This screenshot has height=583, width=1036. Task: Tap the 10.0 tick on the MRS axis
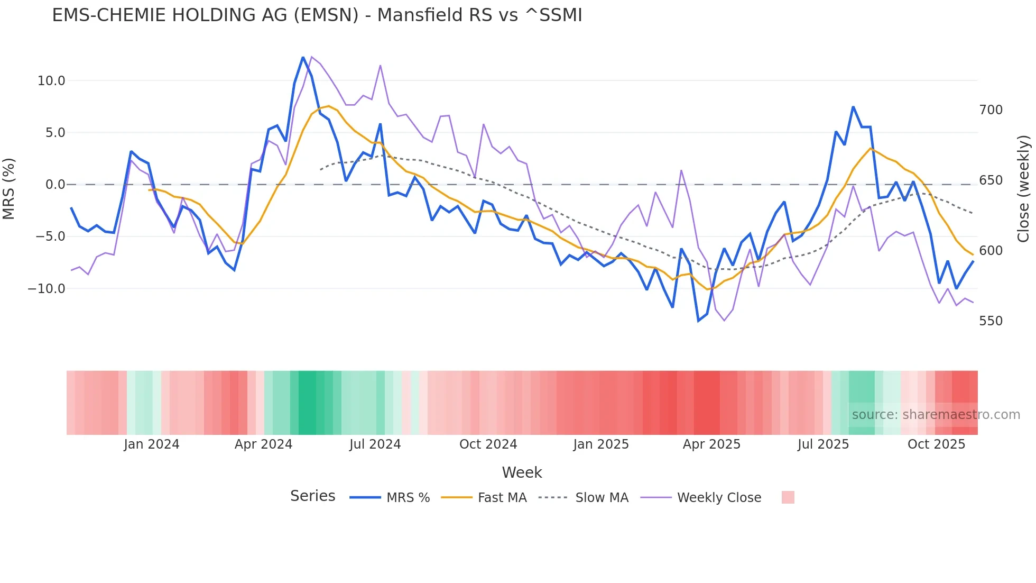pyautogui.click(x=51, y=81)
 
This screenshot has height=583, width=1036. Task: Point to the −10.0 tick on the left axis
pyautogui.click(x=47, y=289)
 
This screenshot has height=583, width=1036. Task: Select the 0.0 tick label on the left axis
pyautogui.click(x=55, y=185)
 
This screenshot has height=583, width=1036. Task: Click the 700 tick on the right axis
pyautogui.click(x=991, y=110)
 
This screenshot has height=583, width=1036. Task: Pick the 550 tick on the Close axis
pyautogui.click(x=991, y=321)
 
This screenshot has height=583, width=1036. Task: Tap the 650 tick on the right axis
pyautogui.click(x=991, y=180)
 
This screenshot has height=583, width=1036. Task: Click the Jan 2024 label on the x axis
pyautogui.click(x=152, y=444)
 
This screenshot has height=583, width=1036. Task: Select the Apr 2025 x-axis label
pyautogui.click(x=711, y=444)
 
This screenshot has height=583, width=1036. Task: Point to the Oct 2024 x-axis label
pyautogui.click(x=488, y=444)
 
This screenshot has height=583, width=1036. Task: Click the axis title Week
pyautogui.click(x=522, y=472)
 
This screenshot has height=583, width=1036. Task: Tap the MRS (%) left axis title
pyautogui.click(x=9, y=188)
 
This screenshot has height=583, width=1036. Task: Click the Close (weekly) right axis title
pyautogui.click(x=1023, y=189)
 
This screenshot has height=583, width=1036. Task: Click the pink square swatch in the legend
pyautogui.click(x=788, y=497)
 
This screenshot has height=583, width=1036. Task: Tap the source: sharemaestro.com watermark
pyautogui.click(x=936, y=415)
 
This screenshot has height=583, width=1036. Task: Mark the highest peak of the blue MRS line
pyautogui.click(x=303, y=57)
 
